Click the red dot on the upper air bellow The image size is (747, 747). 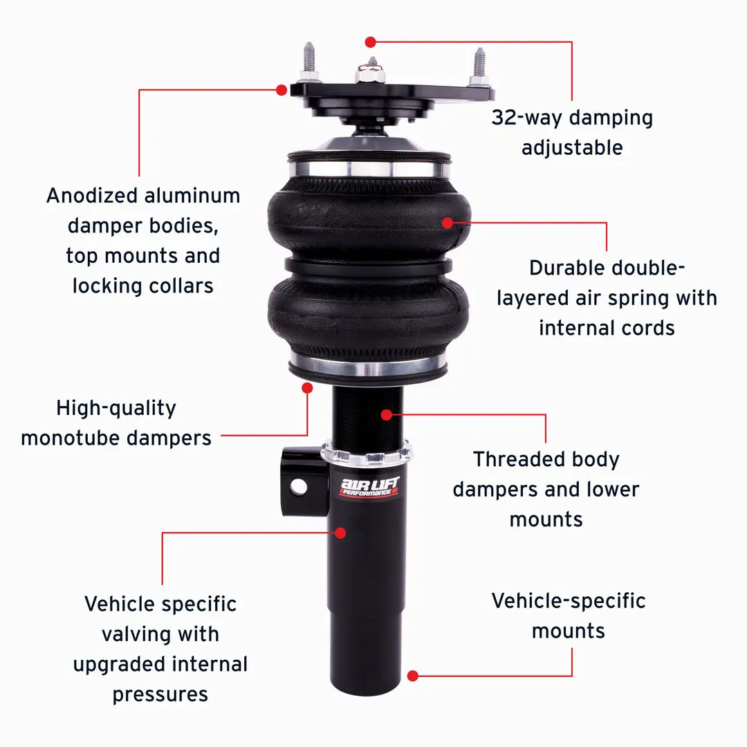pos(448,223)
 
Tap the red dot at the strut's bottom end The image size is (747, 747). pos(413,676)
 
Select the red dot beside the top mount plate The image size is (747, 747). pos(282,90)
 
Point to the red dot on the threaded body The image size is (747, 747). pos(387,414)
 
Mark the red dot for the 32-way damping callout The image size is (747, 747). pos(371,41)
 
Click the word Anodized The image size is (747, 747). pos(92,196)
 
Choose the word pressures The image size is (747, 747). pos(160,694)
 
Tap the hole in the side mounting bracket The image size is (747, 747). pos(298,486)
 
